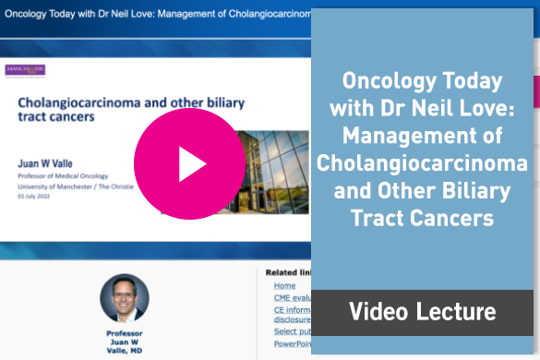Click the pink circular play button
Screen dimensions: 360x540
click(189, 163)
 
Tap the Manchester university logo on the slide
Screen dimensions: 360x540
click(25, 70)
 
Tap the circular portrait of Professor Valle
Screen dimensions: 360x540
click(124, 298)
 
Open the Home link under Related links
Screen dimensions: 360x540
click(284, 286)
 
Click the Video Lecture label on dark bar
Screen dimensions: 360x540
click(422, 312)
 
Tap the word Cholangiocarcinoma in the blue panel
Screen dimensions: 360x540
click(422, 163)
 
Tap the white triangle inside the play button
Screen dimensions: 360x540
click(192, 163)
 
